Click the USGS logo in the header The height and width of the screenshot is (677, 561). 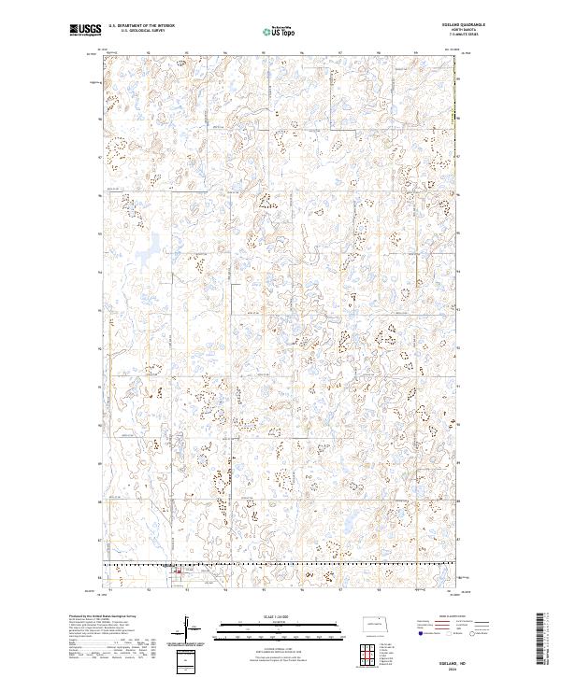85,31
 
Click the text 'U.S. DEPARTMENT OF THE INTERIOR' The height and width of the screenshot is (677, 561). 141,27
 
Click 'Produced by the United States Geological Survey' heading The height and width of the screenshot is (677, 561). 97,615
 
